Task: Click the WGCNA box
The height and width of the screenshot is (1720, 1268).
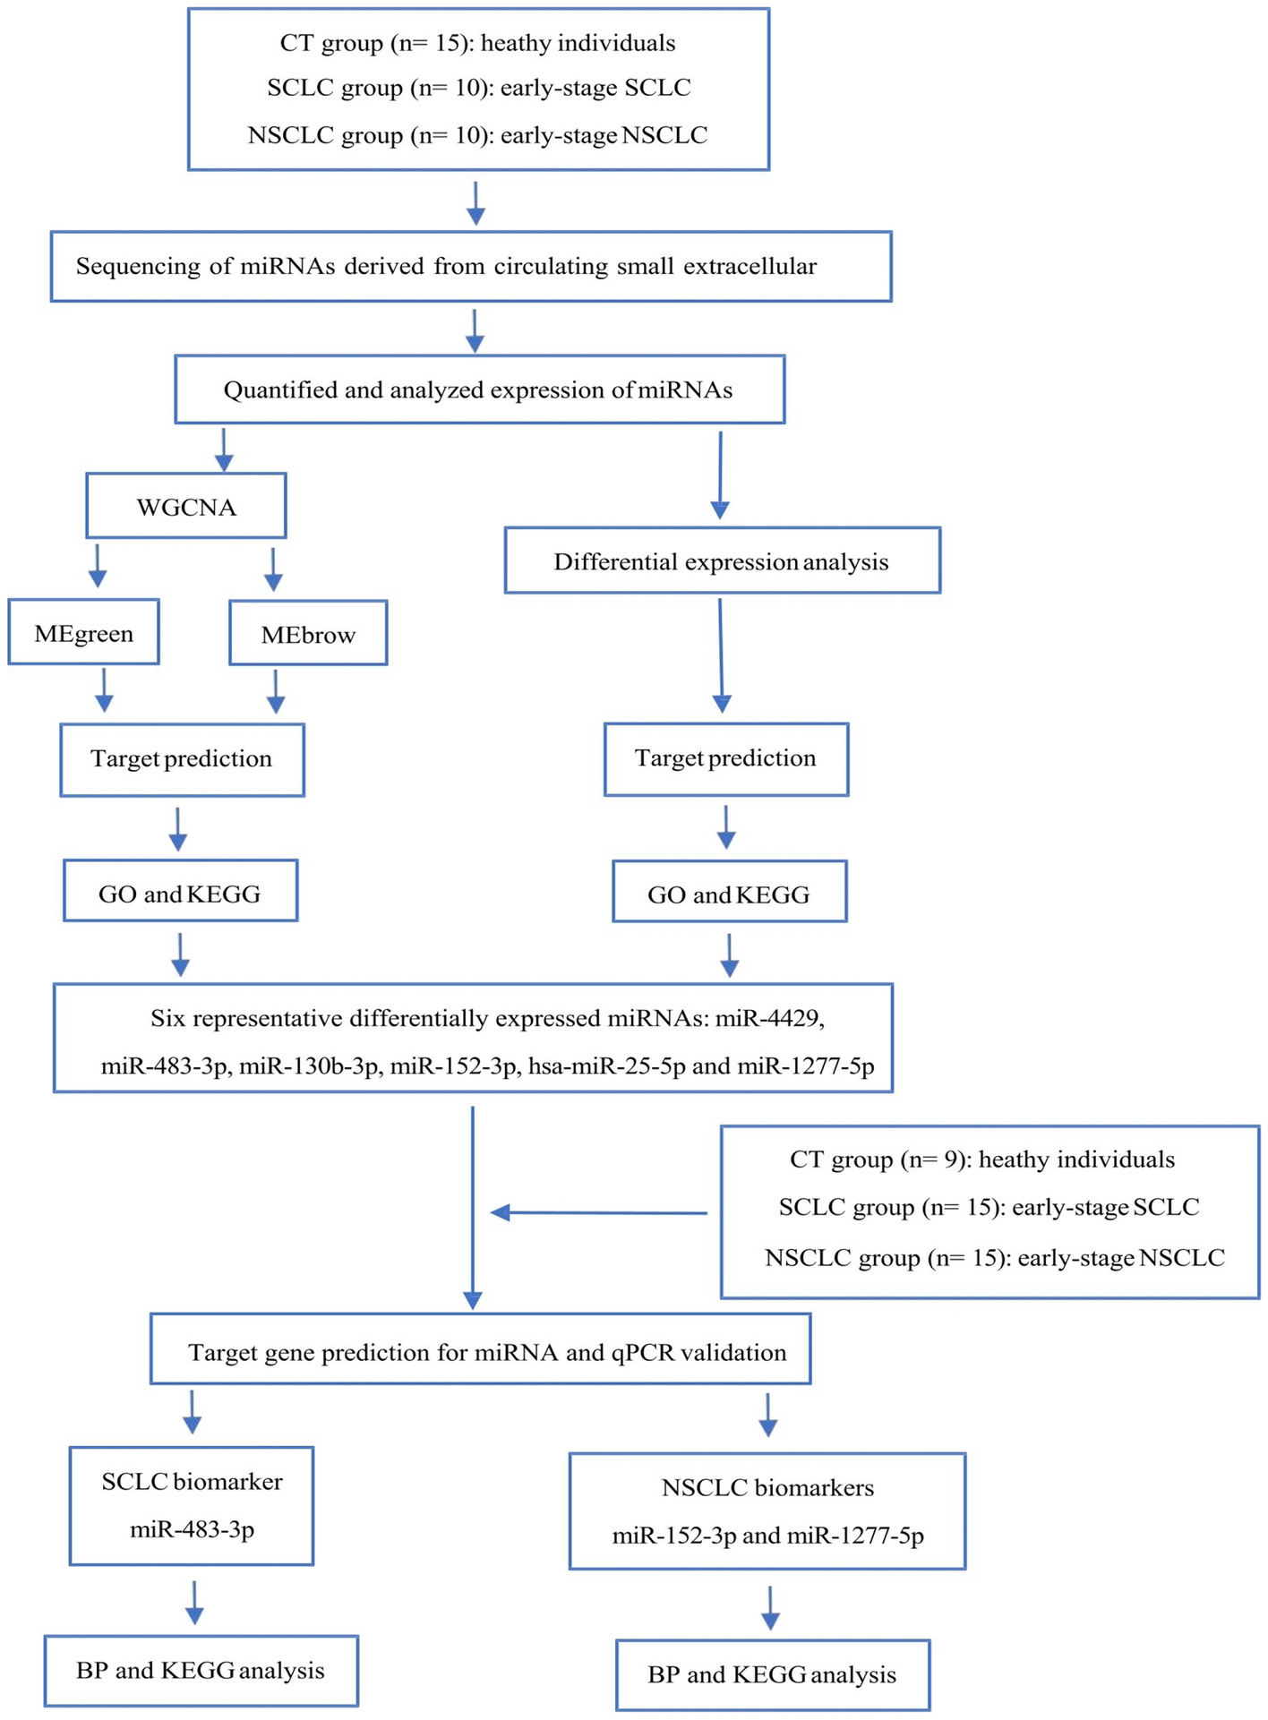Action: [186, 507]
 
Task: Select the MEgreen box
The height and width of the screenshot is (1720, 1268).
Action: [83, 633]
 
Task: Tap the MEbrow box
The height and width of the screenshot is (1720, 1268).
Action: [308, 634]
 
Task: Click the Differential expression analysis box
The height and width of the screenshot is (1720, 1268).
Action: [722, 561]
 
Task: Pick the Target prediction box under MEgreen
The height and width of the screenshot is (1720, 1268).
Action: [182, 759]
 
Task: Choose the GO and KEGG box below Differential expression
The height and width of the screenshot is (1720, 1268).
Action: [729, 893]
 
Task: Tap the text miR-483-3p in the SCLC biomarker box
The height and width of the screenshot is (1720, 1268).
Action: [192, 1528]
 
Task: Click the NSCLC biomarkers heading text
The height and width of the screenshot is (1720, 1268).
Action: [767, 1487]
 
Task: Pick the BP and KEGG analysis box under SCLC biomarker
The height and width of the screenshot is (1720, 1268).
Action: [201, 1670]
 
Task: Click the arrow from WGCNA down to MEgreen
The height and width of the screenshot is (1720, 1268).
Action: [98, 567]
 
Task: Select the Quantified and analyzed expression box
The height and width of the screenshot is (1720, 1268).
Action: [479, 389]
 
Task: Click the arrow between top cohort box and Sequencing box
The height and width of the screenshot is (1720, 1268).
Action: [475, 203]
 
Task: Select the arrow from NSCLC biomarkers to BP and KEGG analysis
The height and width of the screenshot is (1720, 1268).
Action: [770, 1608]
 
